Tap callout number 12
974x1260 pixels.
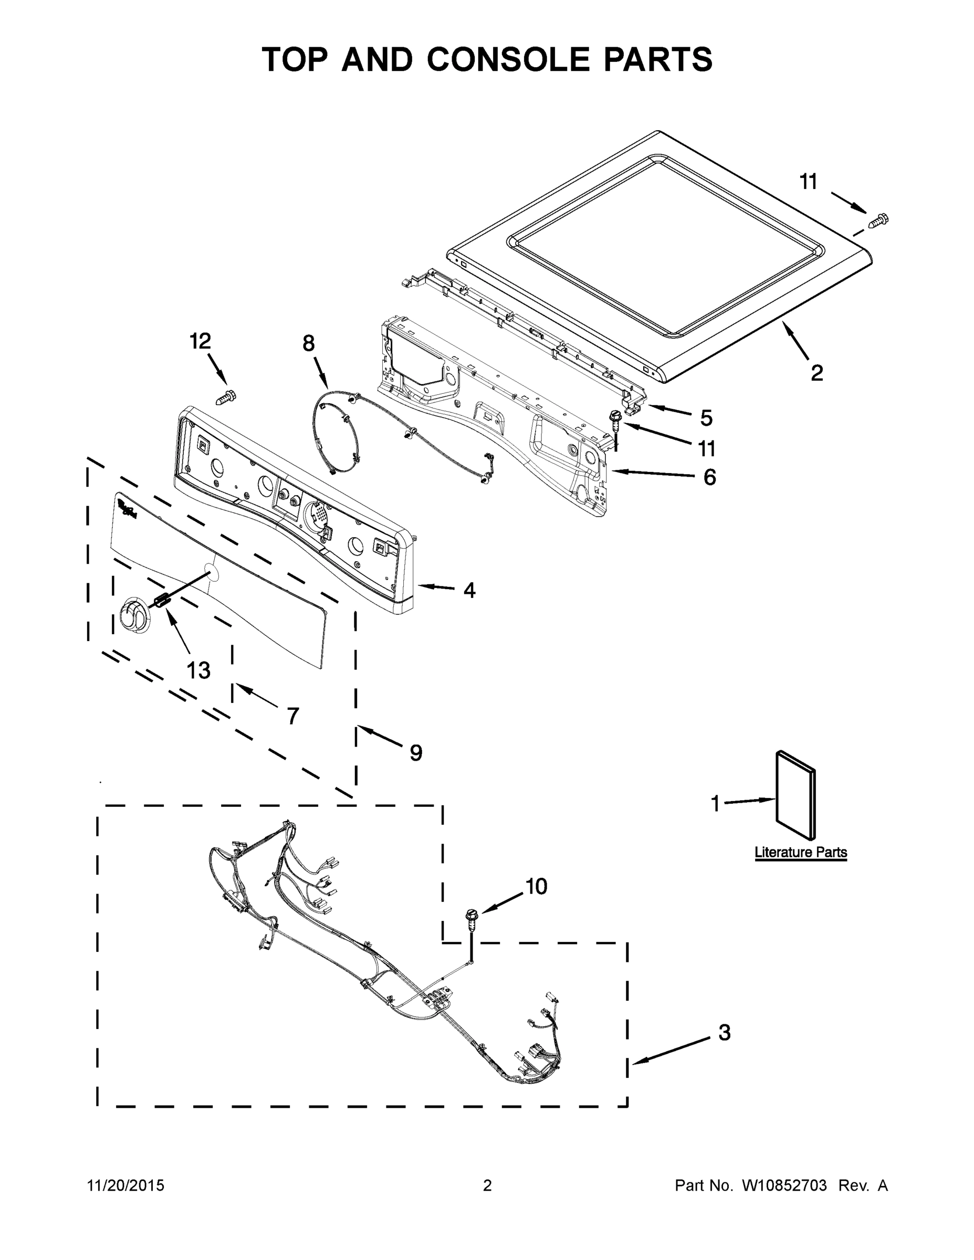tap(200, 342)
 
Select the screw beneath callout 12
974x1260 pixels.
tap(226, 397)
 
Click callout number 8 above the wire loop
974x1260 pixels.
tap(309, 344)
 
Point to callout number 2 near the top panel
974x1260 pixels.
tap(816, 373)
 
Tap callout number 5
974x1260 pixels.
tap(706, 418)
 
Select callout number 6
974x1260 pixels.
tap(709, 477)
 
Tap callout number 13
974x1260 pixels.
tap(198, 670)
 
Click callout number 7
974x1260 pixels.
tap(292, 716)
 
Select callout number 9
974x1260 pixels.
tap(415, 752)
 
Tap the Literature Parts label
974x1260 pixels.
tap(801, 852)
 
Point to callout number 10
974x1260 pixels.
tap(536, 886)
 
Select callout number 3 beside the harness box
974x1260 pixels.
tap(724, 1032)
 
